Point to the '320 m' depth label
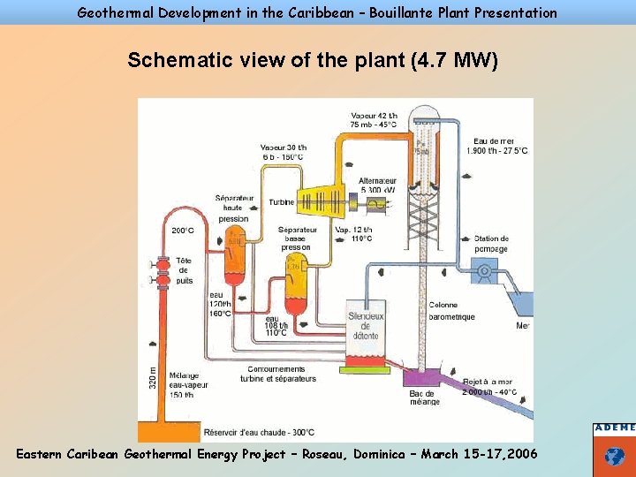pos(151,377)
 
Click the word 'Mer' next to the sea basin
pos(524,326)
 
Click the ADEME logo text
pos(615,428)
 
